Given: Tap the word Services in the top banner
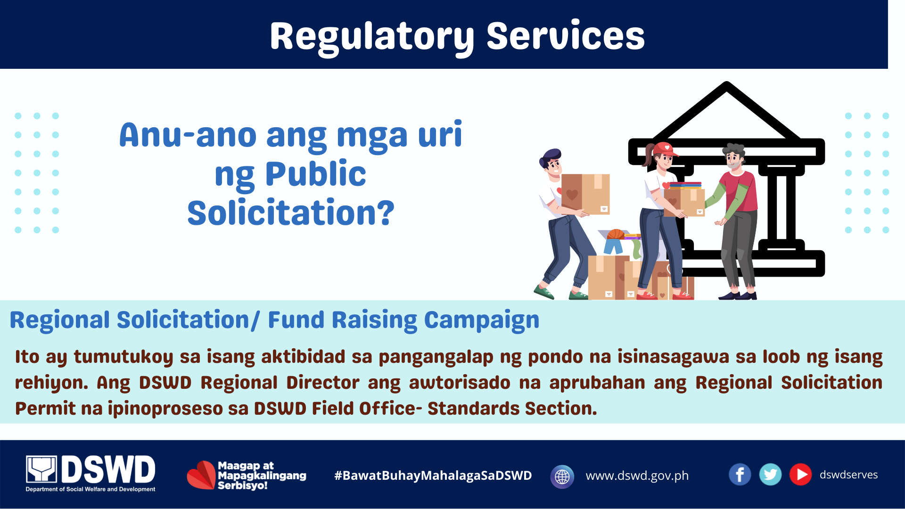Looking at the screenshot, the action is pos(566,36).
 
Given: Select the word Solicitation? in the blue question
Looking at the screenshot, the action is pos(291,213).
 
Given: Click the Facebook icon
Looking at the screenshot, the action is pos(740,475).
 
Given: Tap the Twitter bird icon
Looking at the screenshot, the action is pos(770,475).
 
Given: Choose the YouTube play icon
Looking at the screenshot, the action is pos(800,475).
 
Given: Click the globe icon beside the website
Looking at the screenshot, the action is pos(562,476).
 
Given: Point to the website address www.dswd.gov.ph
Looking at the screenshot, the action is pos(637,476).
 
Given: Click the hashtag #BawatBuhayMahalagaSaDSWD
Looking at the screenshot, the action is pos(433,476).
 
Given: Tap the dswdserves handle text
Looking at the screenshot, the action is pos(848,475).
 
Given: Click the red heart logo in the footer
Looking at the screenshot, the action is pos(201,475).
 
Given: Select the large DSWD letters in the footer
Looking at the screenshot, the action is pos(108,469).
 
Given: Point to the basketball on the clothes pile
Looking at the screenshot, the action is pos(616,234).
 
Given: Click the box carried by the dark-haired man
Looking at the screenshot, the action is pos(585,194).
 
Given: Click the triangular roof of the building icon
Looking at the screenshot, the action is pos(726,110).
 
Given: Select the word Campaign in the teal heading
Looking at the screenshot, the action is pos(482,320).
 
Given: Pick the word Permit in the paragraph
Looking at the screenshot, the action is pos(45,409).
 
